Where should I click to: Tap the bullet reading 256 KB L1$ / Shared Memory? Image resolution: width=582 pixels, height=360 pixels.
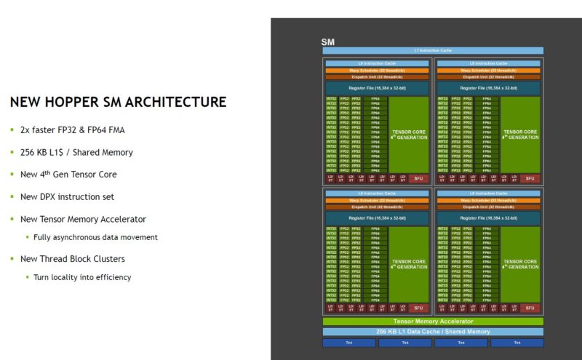(76, 152)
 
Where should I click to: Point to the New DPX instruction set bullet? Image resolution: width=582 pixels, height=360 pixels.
(67, 196)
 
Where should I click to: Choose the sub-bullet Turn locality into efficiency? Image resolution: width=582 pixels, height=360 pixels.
(82, 277)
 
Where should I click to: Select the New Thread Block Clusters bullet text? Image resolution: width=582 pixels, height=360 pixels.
(73, 258)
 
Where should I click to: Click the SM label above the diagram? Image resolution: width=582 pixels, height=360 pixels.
(328, 42)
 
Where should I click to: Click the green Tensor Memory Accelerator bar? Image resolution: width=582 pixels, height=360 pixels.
(433, 321)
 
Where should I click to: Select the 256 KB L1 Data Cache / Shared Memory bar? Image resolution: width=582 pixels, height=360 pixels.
(433, 332)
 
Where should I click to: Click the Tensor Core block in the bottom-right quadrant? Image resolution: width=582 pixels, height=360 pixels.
(520, 264)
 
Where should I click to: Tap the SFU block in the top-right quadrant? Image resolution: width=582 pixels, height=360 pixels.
(530, 178)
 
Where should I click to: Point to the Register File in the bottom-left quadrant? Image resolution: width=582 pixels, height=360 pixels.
(377, 217)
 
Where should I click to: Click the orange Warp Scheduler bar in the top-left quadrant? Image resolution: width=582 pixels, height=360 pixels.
(377, 71)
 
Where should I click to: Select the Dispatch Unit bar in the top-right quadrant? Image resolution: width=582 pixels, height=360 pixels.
(488, 77)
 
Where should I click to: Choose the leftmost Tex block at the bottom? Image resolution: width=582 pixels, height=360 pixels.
(348, 343)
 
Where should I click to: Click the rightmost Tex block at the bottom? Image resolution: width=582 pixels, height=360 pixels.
(517, 343)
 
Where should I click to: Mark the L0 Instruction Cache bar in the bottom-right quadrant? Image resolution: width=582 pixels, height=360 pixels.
(488, 193)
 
